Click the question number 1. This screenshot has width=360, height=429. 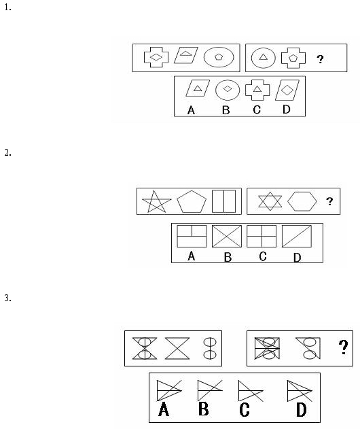pyautogui.click(x=7, y=7)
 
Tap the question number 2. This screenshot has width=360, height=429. pyautogui.click(x=7, y=152)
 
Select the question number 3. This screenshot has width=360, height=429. pyautogui.click(x=7, y=298)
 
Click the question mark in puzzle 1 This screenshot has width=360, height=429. pyautogui.click(x=320, y=59)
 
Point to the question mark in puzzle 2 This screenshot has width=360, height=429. pyautogui.click(x=329, y=201)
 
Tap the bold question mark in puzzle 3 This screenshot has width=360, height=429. pyautogui.click(x=343, y=347)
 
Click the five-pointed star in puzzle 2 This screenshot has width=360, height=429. pyautogui.click(x=157, y=202)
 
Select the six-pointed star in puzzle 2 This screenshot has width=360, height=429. pyautogui.click(x=270, y=201)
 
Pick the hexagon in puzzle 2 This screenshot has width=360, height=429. pyautogui.click(x=302, y=201)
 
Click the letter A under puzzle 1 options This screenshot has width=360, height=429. pyautogui.click(x=191, y=110)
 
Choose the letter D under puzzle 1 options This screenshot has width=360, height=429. pyautogui.click(x=286, y=109)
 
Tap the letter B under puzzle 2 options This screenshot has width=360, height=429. pyautogui.click(x=228, y=257)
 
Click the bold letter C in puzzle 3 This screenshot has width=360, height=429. pyautogui.click(x=245, y=410)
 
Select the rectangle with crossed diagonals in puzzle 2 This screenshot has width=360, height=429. pyautogui.click(x=227, y=236)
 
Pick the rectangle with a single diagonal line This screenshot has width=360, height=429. pyautogui.click(x=297, y=236)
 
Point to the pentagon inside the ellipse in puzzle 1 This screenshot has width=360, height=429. pyautogui.click(x=219, y=57)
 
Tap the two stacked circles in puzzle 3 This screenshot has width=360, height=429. pyautogui.click(x=210, y=348)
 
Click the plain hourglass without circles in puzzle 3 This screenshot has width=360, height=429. pyautogui.click(x=177, y=348)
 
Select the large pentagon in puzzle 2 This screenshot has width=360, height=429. pyautogui.click(x=192, y=202)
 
